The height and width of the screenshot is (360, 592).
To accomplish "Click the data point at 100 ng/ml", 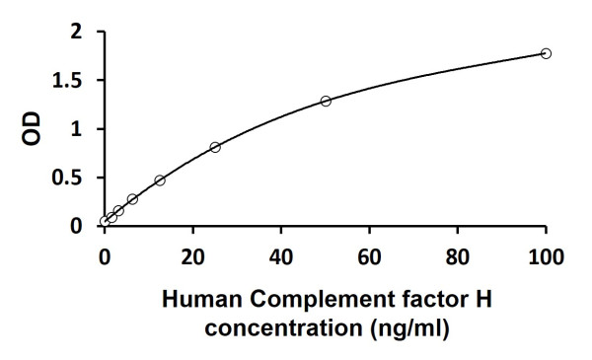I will coord(546,53).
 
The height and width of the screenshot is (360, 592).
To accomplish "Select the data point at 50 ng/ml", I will coord(326,101).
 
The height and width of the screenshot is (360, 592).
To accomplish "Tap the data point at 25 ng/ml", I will coord(215,147).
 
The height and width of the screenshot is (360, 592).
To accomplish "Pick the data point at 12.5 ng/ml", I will coord(160,180).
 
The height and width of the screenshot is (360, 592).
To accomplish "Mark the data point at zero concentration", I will coord(105,222).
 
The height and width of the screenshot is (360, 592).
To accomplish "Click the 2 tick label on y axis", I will coord(78,33).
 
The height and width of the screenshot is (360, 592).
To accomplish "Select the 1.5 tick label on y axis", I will coord(70,81).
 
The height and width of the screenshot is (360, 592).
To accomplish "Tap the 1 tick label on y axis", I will coord(78,129).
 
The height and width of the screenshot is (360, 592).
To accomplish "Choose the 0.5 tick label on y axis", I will coord(70,178).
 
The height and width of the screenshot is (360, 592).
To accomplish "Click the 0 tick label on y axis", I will coord(78,226).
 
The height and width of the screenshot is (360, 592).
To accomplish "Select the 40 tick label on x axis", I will coord(281,258).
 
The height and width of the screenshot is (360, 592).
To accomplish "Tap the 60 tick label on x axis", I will coord(369,258).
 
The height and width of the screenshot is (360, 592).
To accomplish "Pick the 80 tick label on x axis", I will coord(457,258).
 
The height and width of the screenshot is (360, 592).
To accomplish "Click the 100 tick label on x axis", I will coord(545,258).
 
